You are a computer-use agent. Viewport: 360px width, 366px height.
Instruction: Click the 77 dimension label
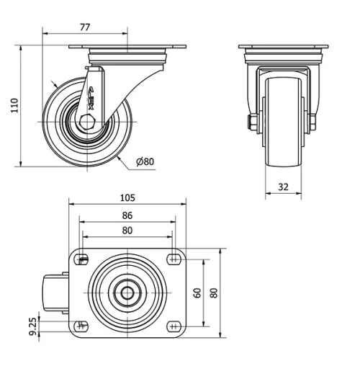tap(84, 27)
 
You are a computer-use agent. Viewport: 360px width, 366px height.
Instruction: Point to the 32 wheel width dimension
tap(282, 186)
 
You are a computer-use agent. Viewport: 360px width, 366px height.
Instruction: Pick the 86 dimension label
tap(127, 215)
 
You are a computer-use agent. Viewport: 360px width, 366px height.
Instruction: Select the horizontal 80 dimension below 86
tap(127, 231)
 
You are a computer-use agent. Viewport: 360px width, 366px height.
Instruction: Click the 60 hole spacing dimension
tap(197, 293)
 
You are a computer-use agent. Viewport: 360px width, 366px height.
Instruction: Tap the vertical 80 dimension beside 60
tap(214, 293)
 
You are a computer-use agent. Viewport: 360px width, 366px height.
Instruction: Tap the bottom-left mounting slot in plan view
tap(83, 326)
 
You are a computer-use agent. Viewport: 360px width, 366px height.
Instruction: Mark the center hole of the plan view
tap(127, 293)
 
